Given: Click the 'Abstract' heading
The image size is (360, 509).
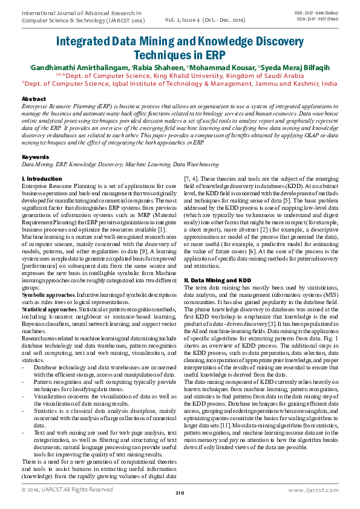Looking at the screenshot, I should pyautogui.click(x=33, y=99).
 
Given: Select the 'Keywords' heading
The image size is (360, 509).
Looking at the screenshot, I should pyautogui.click(x=35, y=157).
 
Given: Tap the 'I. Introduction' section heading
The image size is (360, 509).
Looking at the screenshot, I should pyautogui.click(x=42, y=180).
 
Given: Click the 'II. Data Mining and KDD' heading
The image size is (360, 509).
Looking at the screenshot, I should pyautogui.click(x=217, y=280).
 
